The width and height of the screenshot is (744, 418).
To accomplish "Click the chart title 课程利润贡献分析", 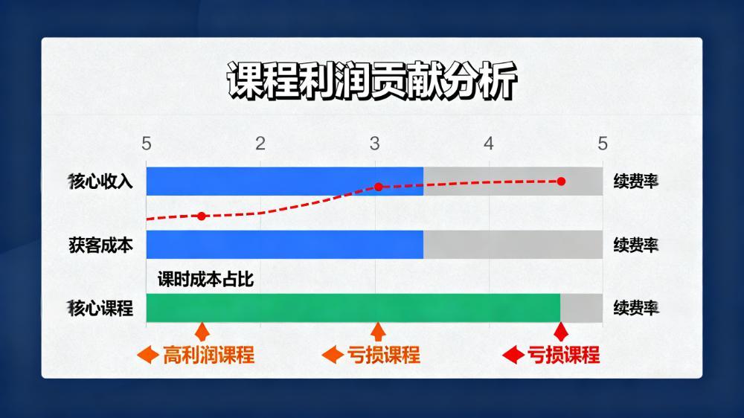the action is pyautogui.click(x=371, y=80).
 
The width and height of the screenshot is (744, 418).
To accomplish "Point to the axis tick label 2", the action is pyautogui.click(x=260, y=144).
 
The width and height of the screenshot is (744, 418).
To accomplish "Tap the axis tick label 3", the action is pyautogui.click(x=375, y=144).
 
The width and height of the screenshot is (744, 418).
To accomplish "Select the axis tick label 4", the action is pyautogui.click(x=489, y=144).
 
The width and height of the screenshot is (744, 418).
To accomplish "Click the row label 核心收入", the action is pyautogui.click(x=100, y=181).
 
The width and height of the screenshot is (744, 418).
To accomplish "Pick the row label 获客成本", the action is pyautogui.click(x=100, y=245).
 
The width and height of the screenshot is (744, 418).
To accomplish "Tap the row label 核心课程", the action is pyautogui.click(x=100, y=308).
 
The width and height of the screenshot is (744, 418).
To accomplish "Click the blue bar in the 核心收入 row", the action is pyautogui.click(x=285, y=181).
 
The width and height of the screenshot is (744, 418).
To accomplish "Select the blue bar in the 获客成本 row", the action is pyautogui.click(x=285, y=245).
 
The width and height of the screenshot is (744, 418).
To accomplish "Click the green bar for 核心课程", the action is pyautogui.click(x=353, y=308).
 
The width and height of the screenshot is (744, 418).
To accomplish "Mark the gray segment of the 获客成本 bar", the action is pyautogui.click(x=513, y=245).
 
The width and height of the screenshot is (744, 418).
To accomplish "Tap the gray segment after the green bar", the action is pyautogui.click(x=581, y=308).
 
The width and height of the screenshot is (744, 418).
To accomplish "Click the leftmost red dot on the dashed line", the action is pyautogui.click(x=202, y=216).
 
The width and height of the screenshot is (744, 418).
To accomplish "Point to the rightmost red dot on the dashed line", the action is pyautogui.click(x=561, y=181).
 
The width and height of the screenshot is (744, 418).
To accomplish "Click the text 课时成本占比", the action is pyautogui.click(x=206, y=280).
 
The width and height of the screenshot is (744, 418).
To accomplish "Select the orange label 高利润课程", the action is pyautogui.click(x=209, y=355).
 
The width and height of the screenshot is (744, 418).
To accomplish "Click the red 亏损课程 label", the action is pyautogui.click(x=564, y=355).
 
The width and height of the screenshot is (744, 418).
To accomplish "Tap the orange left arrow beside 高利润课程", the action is pyautogui.click(x=147, y=355).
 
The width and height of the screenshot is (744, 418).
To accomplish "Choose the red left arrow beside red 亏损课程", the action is pyautogui.click(x=513, y=355).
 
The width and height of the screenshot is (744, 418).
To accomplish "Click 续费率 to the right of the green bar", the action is pyautogui.click(x=636, y=308).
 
